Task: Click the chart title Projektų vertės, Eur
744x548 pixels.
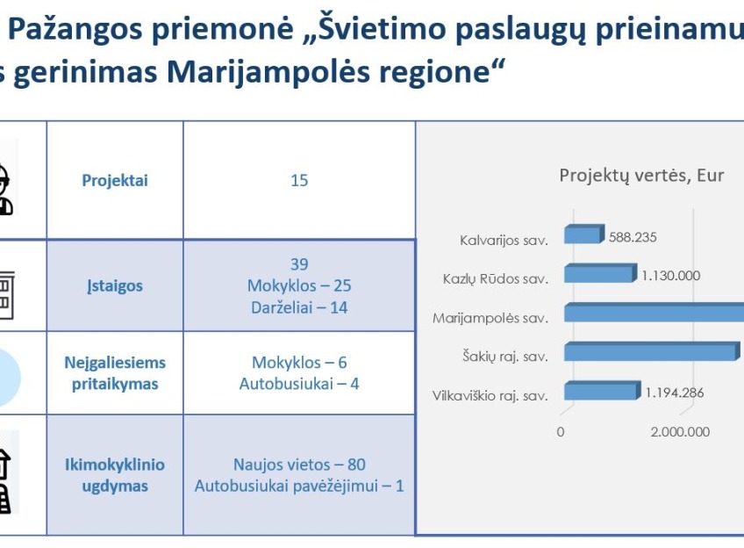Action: [x=641, y=177]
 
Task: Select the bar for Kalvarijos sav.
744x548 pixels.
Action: [x=584, y=234]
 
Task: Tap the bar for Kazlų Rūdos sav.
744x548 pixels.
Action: [x=600, y=272]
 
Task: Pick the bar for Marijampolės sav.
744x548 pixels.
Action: [x=654, y=313]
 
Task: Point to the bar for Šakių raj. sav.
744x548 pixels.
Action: [x=652, y=351]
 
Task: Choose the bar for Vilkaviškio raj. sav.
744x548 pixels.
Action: [x=602, y=390]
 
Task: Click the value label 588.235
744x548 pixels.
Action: [x=633, y=237]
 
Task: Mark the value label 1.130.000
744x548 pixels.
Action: [x=670, y=276]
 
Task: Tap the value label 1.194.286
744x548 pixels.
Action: [x=674, y=393]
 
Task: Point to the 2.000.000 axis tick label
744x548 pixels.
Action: [x=680, y=432]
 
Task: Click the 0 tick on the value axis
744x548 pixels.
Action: [x=561, y=432]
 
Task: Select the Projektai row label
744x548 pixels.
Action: [x=115, y=180]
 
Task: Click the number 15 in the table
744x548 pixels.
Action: [x=299, y=180]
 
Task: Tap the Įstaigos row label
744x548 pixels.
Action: [x=115, y=286]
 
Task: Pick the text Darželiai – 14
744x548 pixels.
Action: [x=299, y=307]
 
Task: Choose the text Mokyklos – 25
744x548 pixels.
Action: [x=299, y=286]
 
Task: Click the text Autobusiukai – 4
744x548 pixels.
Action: [x=299, y=384]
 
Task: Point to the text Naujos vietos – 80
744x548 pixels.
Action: [x=299, y=465]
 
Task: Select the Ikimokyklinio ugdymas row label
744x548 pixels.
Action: [x=115, y=475]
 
